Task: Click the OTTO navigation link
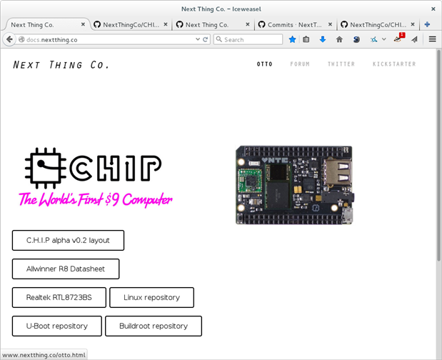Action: coord(264,64)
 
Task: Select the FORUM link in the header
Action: coord(300,64)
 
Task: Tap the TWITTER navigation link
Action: coord(341,64)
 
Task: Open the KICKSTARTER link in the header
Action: coord(394,64)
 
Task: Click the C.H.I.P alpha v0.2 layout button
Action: coord(68,241)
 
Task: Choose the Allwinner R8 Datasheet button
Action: coord(66,269)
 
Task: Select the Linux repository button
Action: coord(151,298)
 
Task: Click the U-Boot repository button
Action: coord(57,326)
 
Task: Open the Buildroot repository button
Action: coord(154,326)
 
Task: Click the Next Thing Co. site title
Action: coord(61,65)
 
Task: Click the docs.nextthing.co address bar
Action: coord(114,39)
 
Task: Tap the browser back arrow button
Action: coord(10,39)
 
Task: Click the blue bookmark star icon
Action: coord(292,39)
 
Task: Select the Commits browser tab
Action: coord(294,24)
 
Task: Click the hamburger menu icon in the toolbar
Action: coord(432,39)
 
